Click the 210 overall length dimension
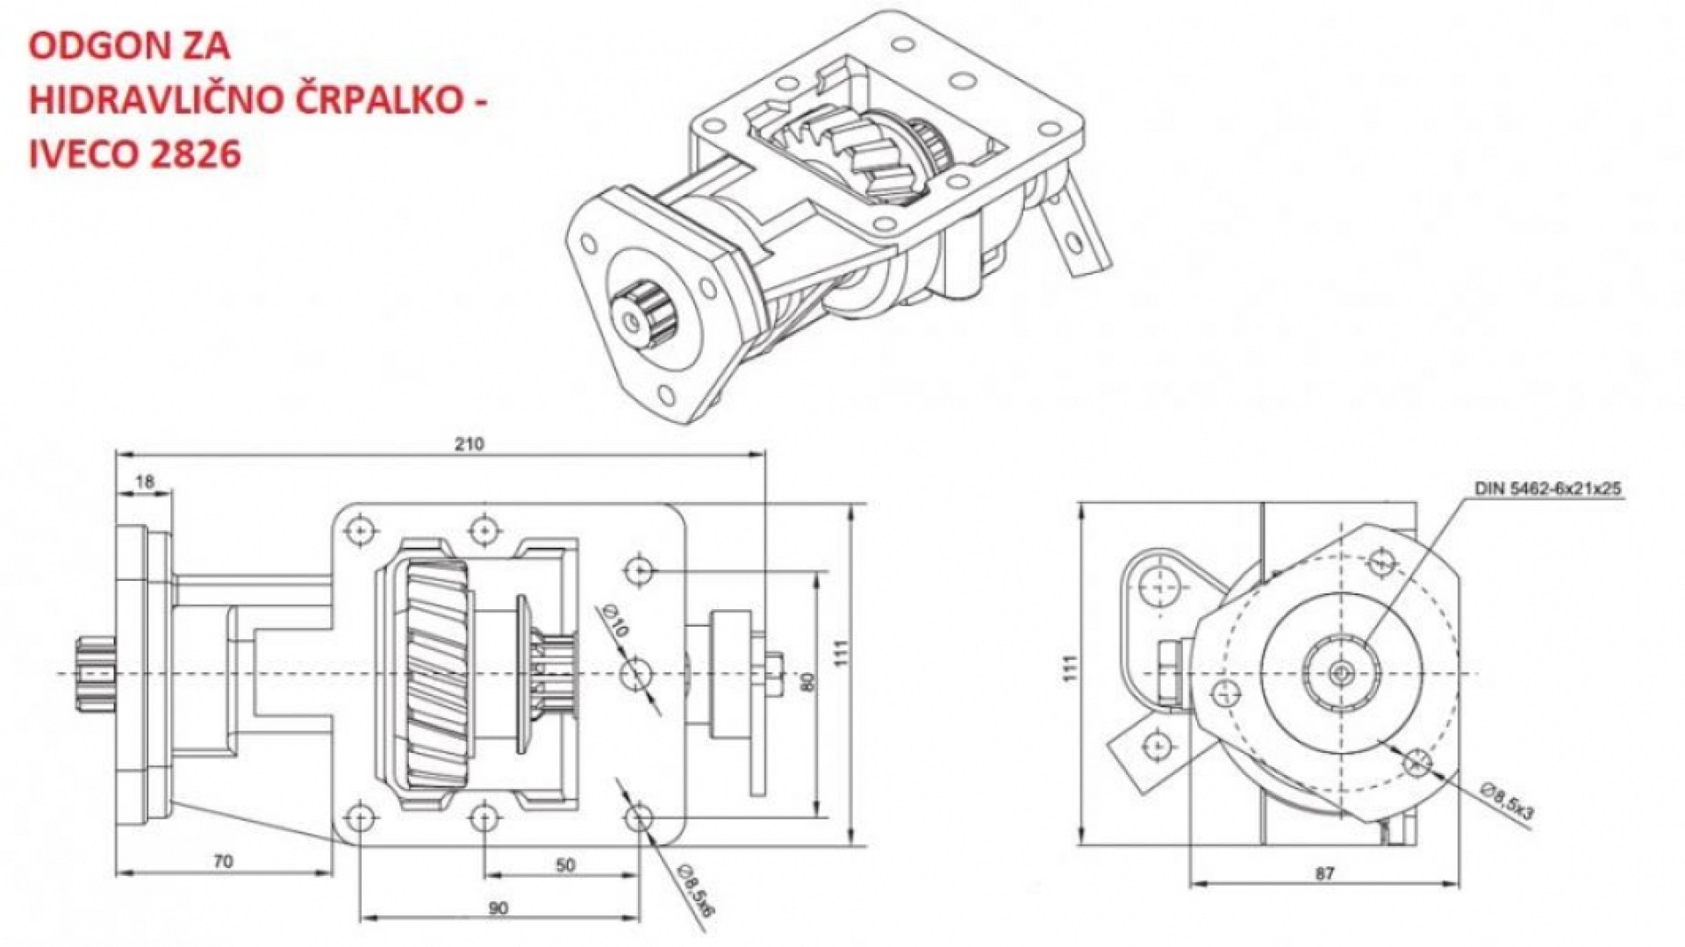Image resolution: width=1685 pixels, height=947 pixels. point(470,444)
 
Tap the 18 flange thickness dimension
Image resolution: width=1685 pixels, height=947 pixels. point(146,481)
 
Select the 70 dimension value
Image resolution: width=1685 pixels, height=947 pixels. point(224,861)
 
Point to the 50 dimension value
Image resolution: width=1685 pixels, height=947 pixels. point(565,864)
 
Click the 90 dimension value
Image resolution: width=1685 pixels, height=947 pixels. point(498,908)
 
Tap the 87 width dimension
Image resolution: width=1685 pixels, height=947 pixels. point(1325,873)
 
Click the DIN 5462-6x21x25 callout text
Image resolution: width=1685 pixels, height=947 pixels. point(1546,489)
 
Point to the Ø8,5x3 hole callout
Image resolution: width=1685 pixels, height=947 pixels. point(1508,800)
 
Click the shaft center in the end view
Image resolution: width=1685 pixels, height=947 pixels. point(1341,673)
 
